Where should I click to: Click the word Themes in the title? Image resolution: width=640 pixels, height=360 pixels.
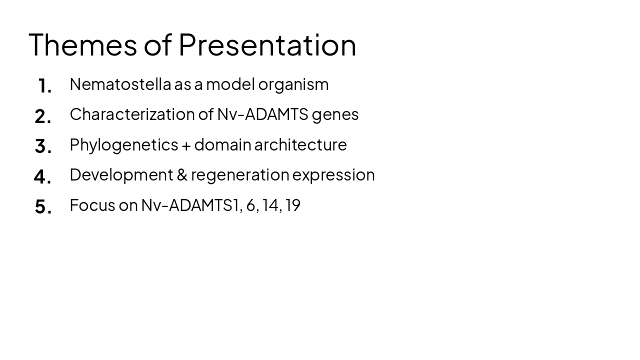click(x=82, y=44)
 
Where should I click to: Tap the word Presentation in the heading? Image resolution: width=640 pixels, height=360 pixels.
click(x=267, y=44)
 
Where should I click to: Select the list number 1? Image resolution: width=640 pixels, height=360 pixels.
click(x=44, y=86)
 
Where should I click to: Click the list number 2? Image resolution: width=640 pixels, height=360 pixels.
click(x=43, y=116)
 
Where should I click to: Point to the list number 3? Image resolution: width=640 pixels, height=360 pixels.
click(x=43, y=146)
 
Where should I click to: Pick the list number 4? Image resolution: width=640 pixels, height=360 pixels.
click(x=42, y=176)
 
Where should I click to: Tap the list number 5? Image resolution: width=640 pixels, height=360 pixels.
click(x=43, y=206)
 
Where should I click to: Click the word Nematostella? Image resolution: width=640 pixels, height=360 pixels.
click(x=120, y=84)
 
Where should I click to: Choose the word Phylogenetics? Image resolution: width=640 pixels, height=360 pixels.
click(x=123, y=145)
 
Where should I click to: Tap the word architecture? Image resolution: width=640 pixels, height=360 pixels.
click(x=300, y=144)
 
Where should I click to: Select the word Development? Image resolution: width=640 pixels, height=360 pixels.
click(x=121, y=175)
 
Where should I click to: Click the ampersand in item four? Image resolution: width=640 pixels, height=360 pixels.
click(x=182, y=175)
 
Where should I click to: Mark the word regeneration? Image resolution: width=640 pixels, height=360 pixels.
click(x=240, y=175)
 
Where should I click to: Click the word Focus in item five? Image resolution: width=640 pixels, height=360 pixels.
click(x=92, y=205)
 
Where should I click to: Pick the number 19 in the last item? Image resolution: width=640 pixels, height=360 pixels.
click(x=293, y=205)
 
